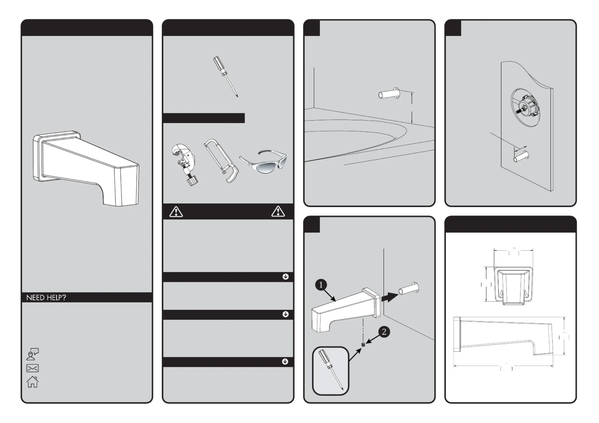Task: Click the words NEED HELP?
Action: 46,298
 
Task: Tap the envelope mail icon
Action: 33,368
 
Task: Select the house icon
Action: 33,382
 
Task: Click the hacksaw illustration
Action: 221,160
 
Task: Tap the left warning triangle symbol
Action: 176,212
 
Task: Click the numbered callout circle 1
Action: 321,285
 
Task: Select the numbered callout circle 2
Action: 384,332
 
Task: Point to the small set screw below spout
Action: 363,344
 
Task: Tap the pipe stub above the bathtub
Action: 389,94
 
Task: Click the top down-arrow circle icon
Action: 285,277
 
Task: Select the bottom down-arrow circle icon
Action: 285,362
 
